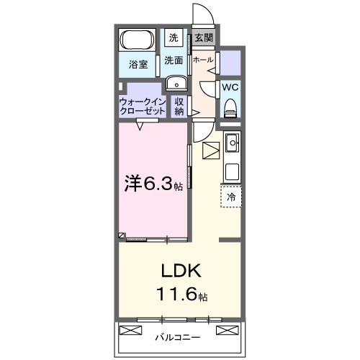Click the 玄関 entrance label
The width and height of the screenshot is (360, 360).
pos(204,37)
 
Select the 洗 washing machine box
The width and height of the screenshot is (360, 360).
pos(174,37)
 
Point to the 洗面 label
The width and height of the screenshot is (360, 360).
pos(174,60)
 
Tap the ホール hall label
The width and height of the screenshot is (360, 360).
pos(203,60)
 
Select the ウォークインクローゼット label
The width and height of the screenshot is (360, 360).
pos(143,107)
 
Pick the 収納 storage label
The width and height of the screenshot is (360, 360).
pos(179,107)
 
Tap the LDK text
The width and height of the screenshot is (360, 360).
pos(181,271)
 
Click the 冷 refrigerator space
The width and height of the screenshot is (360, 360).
pos(231,196)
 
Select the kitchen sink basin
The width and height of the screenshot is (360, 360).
pos(232,143)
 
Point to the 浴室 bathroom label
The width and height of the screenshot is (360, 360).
pos(138,65)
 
